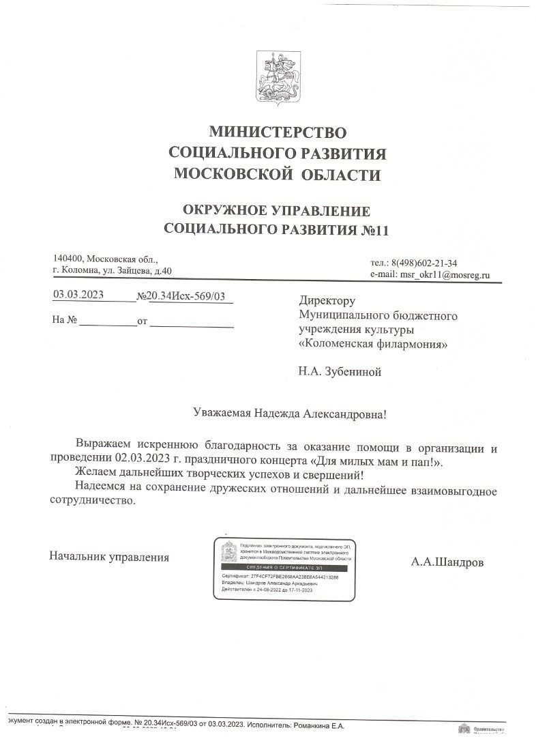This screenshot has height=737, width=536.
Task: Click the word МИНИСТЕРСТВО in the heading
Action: [x=277, y=132]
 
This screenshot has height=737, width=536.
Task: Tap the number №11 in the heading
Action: [x=373, y=230]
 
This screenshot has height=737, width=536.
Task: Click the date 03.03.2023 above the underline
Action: [x=78, y=295]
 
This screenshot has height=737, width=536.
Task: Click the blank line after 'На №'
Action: [x=108, y=321]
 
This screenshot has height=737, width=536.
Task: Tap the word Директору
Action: [x=327, y=300]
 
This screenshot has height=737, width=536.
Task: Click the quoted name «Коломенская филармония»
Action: [x=374, y=345]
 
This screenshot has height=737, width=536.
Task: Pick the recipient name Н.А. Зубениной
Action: [x=339, y=372]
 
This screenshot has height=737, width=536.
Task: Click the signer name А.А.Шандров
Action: [x=447, y=563]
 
